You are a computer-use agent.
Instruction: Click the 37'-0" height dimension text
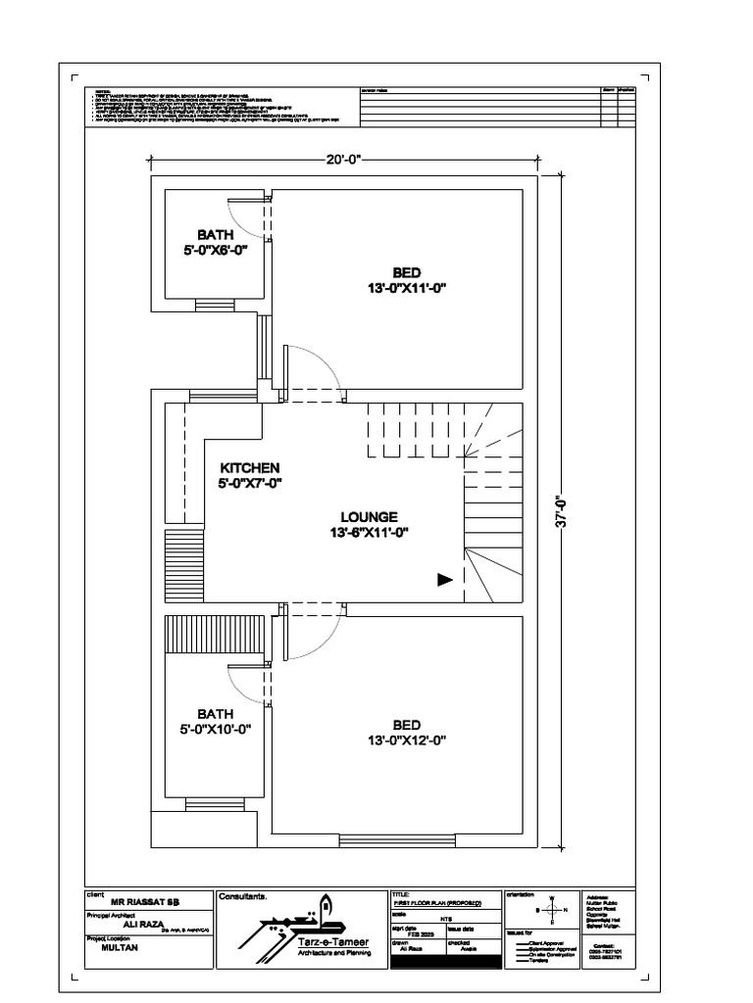pos(561,509)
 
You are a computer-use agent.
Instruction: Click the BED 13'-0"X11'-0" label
pos(406,279)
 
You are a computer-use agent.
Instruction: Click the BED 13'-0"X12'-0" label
pos(406,733)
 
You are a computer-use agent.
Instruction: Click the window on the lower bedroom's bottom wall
pos(396,838)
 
